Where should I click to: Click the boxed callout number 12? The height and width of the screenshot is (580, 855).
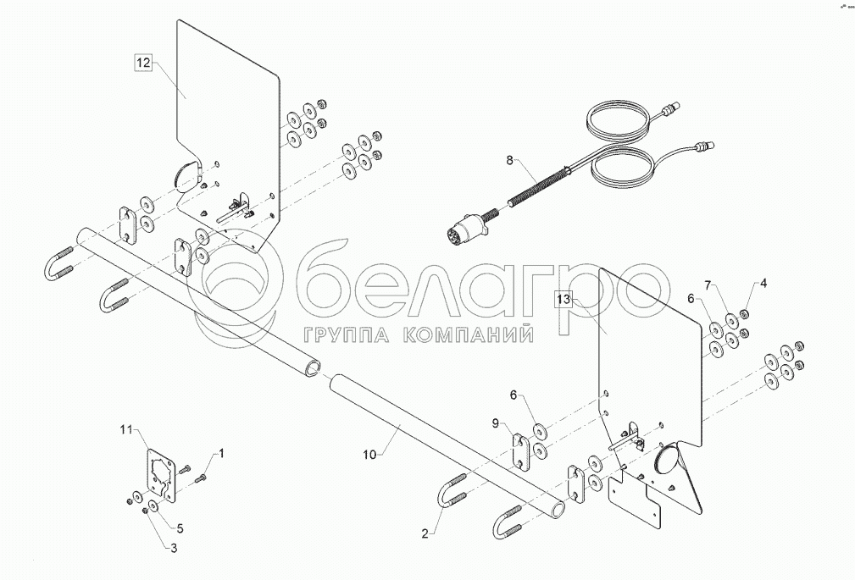[143, 62]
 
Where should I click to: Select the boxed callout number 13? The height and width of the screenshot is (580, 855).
[564, 298]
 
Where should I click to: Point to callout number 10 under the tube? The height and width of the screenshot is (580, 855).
[369, 454]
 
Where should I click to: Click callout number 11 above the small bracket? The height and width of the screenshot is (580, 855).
[125, 432]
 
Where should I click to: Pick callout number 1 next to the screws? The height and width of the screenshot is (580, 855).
[222, 455]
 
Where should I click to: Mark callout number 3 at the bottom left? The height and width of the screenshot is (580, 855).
[173, 549]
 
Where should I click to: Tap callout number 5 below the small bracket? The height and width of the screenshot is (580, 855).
[180, 528]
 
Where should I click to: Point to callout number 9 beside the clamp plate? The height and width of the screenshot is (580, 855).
[496, 421]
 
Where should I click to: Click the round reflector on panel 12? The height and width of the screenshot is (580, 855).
[184, 175]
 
